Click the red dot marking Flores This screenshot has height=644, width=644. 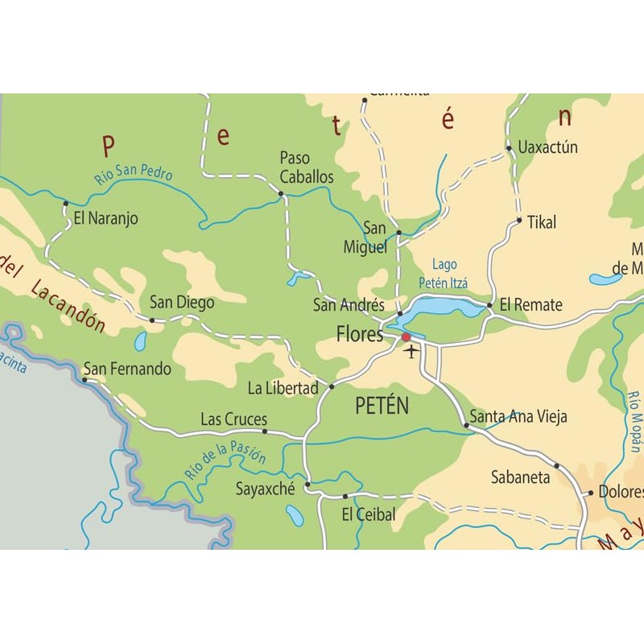(x=406, y=337)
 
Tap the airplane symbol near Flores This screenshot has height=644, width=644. (x=411, y=351)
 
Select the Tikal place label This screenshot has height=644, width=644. (x=541, y=222)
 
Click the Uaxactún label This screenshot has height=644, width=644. (x=548, y=148)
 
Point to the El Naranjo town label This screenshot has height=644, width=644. (x=105, y=217)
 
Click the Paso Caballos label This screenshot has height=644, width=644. (x=295, y=167)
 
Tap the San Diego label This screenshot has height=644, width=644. (x=182, y=303)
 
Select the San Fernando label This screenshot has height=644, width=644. (x=128, y=369)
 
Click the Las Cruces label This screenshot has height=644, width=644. (x=233, y=419)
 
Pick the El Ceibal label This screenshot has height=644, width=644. (x=369, y=514)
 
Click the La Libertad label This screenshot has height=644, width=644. (x=283, y=389)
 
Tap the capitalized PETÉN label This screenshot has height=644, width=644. (x=382, y=407)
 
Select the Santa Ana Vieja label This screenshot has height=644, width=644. (x=518, y=417)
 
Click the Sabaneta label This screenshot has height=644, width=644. (x=521, y=477)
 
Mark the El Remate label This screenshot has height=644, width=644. (x=530, y=305)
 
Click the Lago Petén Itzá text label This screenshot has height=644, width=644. (x=444, y=274)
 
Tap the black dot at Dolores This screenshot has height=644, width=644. (x=590, y=493)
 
